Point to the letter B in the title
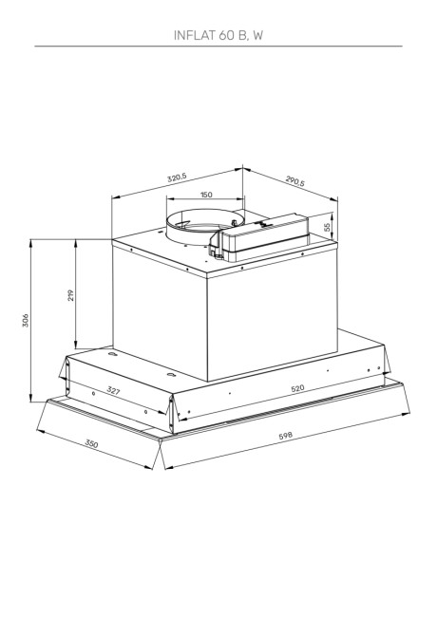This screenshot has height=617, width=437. [242, 34]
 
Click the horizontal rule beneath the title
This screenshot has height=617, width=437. [218, 46]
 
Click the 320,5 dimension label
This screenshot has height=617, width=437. [177, 178]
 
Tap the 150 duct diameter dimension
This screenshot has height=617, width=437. [205, 196]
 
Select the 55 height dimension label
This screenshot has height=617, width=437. [328, 228]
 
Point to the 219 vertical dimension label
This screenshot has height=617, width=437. [71, 295]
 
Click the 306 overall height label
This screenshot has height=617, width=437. [26, 322]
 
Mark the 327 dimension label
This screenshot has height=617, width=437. [113, 391]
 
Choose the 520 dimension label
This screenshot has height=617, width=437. [297, 388]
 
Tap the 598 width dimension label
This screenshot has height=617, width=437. [286, 436]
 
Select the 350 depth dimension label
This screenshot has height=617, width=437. [91, 444]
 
